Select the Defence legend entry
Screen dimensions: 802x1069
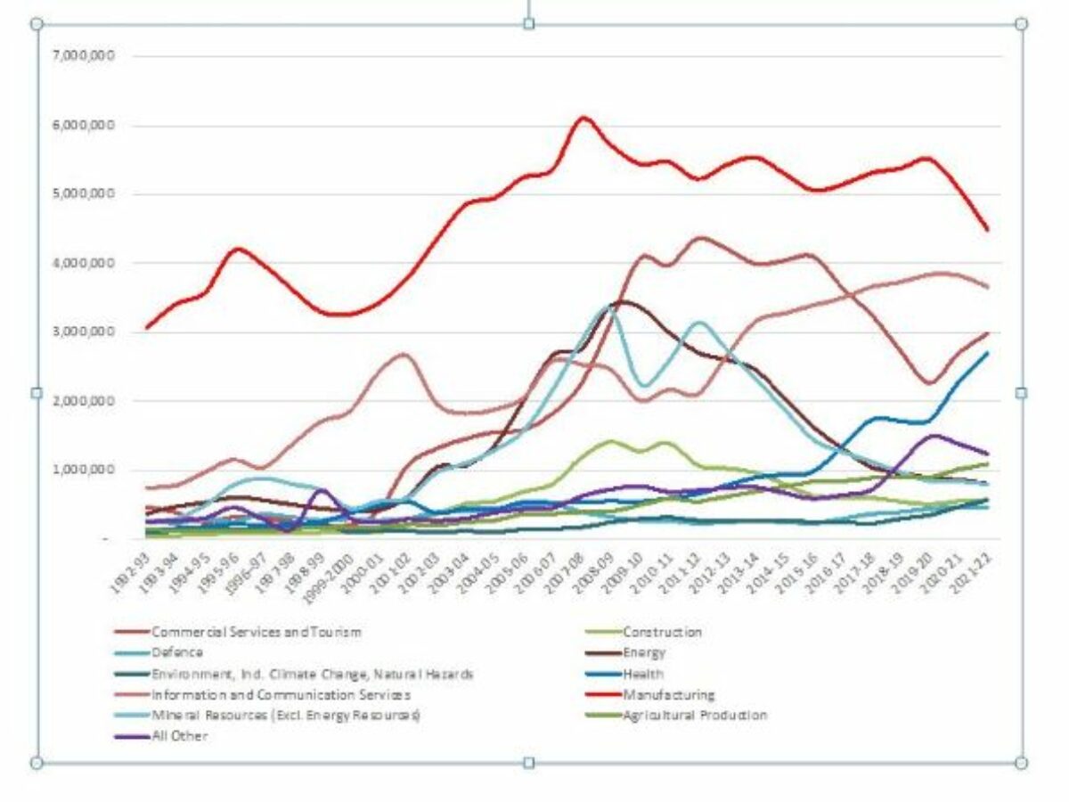[177, 653]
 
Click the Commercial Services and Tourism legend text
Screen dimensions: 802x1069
[257, 632]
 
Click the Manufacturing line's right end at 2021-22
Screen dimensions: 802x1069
[988, 230]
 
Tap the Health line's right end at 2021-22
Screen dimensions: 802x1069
[988, 353]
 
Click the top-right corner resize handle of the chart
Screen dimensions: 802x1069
[1021, 24]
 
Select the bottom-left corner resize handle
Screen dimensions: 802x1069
[37, 763]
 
